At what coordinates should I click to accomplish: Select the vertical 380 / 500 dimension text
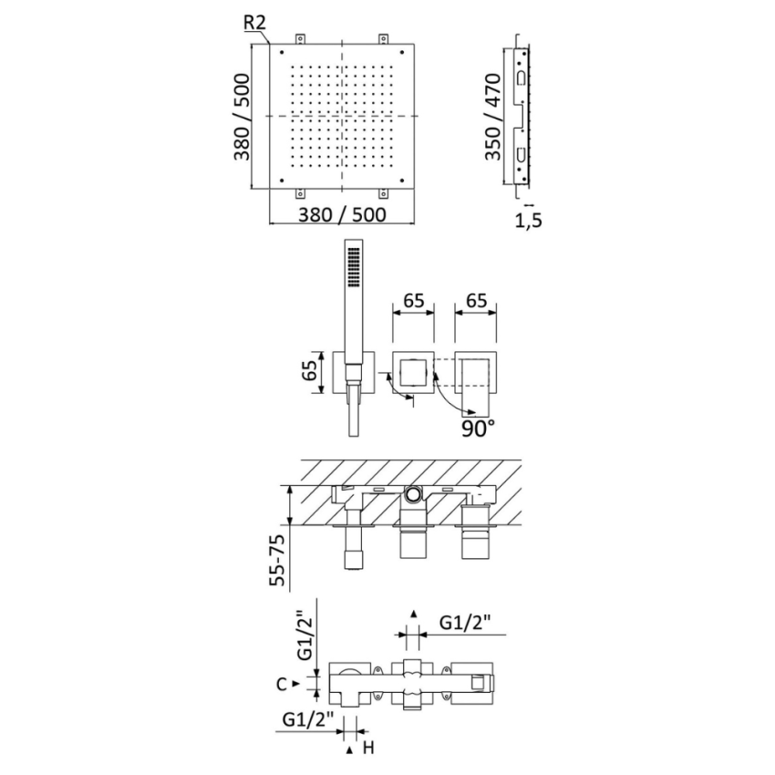click(x=243, y=117)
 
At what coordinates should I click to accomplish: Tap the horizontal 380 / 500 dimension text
click(x=343, y=215)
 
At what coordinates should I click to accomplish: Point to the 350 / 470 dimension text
click(x=493, y=117)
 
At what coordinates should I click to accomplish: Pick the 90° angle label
click(x=477, y=427)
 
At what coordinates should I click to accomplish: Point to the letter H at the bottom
click(x=369, y=749)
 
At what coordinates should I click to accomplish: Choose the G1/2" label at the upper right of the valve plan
click(x=465, y=623)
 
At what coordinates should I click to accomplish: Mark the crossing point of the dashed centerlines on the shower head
click(x=343, y=117)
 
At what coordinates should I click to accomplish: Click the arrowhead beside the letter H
click(x=350, y=749)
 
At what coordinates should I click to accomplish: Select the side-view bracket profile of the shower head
click(x=521, y=117)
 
